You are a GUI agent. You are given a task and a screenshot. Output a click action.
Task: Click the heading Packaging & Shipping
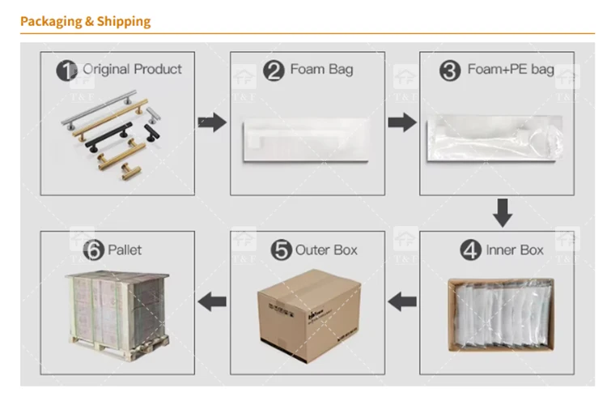85,21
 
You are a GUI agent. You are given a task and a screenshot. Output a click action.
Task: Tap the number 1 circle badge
66,70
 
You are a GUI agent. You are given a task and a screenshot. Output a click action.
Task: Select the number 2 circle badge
276,70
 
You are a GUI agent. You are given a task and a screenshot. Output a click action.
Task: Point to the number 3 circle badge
450,70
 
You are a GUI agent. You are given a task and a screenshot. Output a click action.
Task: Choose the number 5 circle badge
282,251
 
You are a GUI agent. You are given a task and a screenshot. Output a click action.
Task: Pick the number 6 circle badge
94,251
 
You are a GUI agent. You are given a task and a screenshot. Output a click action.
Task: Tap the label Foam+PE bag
511,70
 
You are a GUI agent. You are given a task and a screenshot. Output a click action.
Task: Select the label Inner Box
514,250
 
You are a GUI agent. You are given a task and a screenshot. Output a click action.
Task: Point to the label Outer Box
326,250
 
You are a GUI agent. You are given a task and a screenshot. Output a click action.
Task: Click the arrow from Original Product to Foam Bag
212,122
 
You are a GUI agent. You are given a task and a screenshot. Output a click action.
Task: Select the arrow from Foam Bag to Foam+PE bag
401,122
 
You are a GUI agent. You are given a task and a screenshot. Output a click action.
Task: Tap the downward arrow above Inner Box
503,212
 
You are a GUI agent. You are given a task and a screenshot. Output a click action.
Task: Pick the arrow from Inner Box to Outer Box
401,303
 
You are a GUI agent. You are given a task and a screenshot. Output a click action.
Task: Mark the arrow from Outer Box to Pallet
212,303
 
